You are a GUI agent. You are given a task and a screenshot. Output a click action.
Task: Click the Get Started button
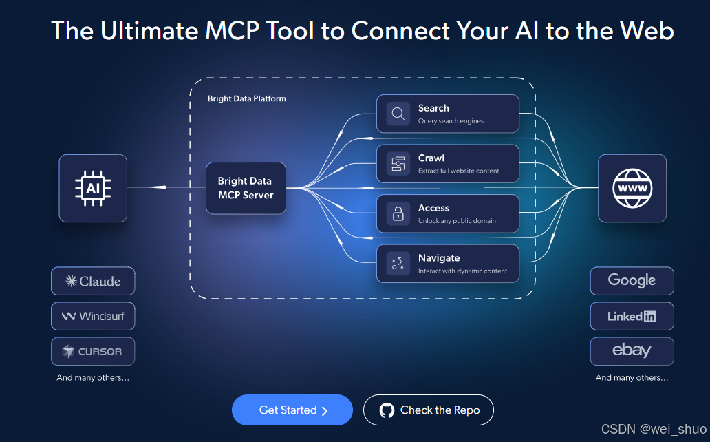click(x=292, y=410)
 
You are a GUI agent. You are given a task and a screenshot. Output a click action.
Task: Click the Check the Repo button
click(x=428, y=410)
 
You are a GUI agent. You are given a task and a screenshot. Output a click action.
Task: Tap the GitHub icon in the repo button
click(x=387, y=410)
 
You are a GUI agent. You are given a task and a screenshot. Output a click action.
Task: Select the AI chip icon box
click(x=93, y=188)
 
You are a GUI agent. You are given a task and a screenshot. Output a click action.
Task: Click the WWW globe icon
click(x=632, y=188)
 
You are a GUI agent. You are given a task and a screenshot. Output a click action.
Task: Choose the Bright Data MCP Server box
click(x=246, y=188)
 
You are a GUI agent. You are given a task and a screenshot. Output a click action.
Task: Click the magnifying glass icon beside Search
click(x=398, y=114)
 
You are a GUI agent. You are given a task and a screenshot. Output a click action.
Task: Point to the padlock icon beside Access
click(x=398, y=213)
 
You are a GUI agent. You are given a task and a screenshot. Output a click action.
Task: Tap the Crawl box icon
click(x=398, y=164)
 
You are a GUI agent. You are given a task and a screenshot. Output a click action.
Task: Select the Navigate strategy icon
click(x=398, y=264)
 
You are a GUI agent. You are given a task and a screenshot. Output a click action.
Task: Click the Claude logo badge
click(x=93, y=281)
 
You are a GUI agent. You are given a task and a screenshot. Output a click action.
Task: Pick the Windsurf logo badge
click(x=93, y=317)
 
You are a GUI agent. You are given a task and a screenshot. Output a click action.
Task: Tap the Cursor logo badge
click(x=93, y=352)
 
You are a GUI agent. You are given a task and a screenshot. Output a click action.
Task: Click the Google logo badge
click(x=632, y=281)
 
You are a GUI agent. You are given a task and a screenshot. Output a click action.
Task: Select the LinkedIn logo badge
click(x=632, y=317)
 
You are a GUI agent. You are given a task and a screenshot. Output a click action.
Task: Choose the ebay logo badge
click(x=632, y=351)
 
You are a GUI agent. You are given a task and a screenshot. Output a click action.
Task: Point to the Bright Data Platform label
click(x=247, y=99)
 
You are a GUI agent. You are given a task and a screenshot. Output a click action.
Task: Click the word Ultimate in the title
click(x=140, y=31)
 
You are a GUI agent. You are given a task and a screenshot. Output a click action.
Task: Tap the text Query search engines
click(x=451, y=121)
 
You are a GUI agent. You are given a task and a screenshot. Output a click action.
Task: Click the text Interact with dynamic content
click(x=462, y=271)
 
